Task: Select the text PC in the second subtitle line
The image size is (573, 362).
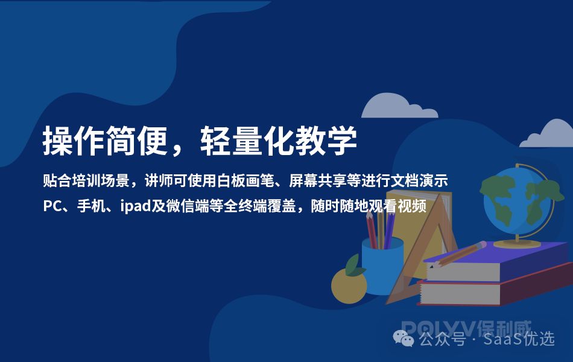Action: pos(52,206)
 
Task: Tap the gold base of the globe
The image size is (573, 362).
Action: pos(517,243)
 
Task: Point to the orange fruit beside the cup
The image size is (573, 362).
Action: pos(349,286)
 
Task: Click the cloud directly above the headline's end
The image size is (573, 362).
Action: pos(390,107)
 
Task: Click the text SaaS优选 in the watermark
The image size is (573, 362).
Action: pos(522,339)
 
